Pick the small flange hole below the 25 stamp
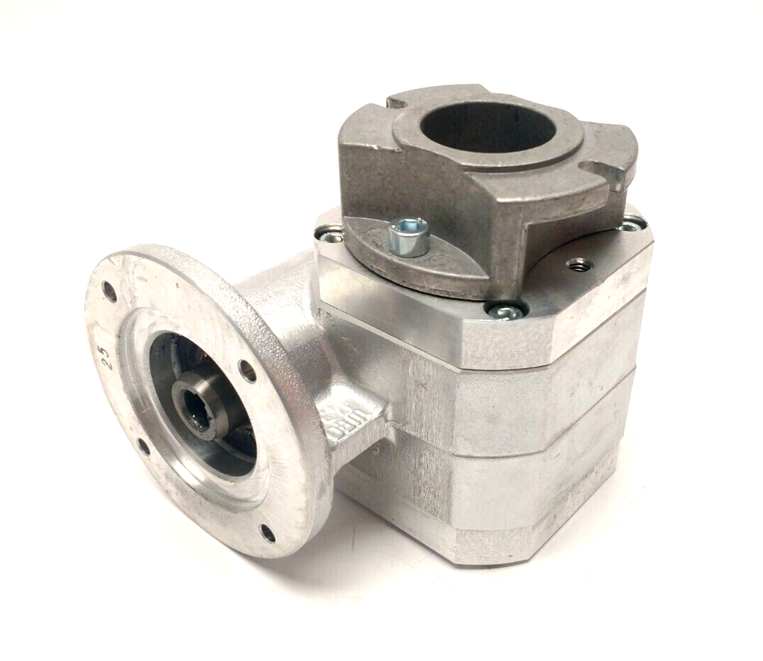(143, 446)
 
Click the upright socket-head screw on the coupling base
(409, 235)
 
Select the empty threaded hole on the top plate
(579, 264)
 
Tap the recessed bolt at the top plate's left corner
(327, 232)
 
